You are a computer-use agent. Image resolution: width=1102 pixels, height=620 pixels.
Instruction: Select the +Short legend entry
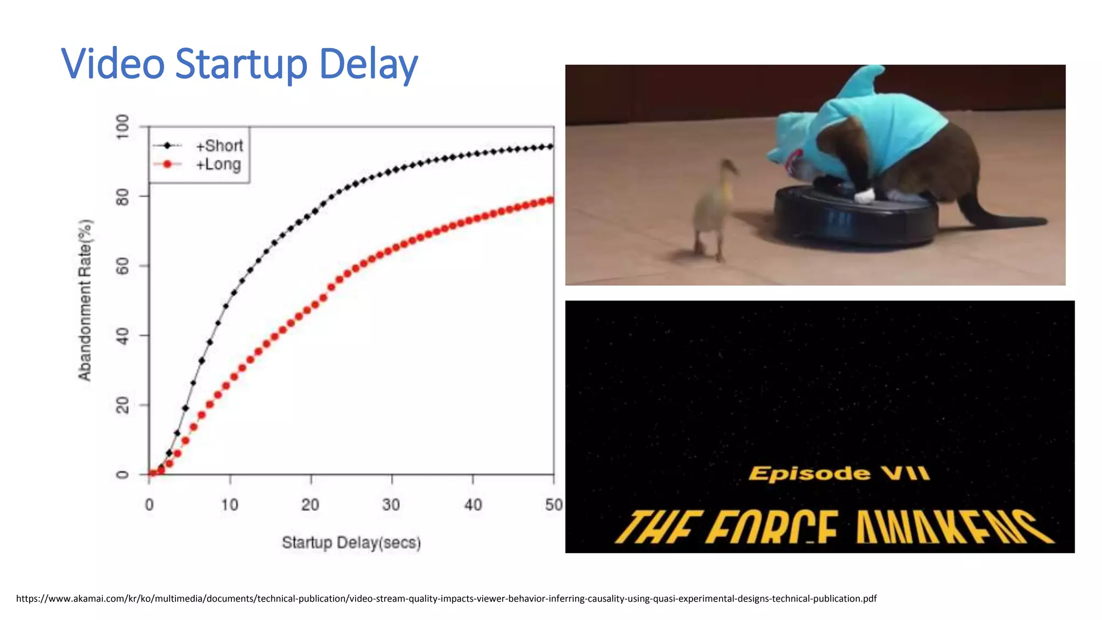point(219,145)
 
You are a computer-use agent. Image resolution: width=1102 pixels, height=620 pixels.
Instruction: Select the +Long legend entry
point(218,164)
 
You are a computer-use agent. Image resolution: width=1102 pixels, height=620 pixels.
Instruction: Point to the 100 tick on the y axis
point(123,127)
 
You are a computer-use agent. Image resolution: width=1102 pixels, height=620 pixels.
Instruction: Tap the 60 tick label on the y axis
point(123,266)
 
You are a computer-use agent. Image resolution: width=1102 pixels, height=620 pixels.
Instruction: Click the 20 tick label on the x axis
point(310,505)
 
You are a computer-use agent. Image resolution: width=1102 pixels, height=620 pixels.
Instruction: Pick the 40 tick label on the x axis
point(473,505)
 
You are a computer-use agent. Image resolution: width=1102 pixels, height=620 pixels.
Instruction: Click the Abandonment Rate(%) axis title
point(85,300)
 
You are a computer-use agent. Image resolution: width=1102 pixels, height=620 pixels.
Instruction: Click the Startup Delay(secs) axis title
point(351,542)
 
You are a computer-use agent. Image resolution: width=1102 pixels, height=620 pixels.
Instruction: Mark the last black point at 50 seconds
point(550,146)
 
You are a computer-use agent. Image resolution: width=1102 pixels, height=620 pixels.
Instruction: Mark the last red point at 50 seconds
point(550,201)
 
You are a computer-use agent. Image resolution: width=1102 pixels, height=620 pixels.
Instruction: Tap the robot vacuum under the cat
point(856,218)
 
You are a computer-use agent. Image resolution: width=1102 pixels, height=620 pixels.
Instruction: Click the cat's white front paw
point(865,195)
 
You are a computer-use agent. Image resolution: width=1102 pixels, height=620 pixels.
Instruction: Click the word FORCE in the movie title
point(772,527)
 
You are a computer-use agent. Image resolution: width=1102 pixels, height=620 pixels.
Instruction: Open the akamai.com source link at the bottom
point(446,598)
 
